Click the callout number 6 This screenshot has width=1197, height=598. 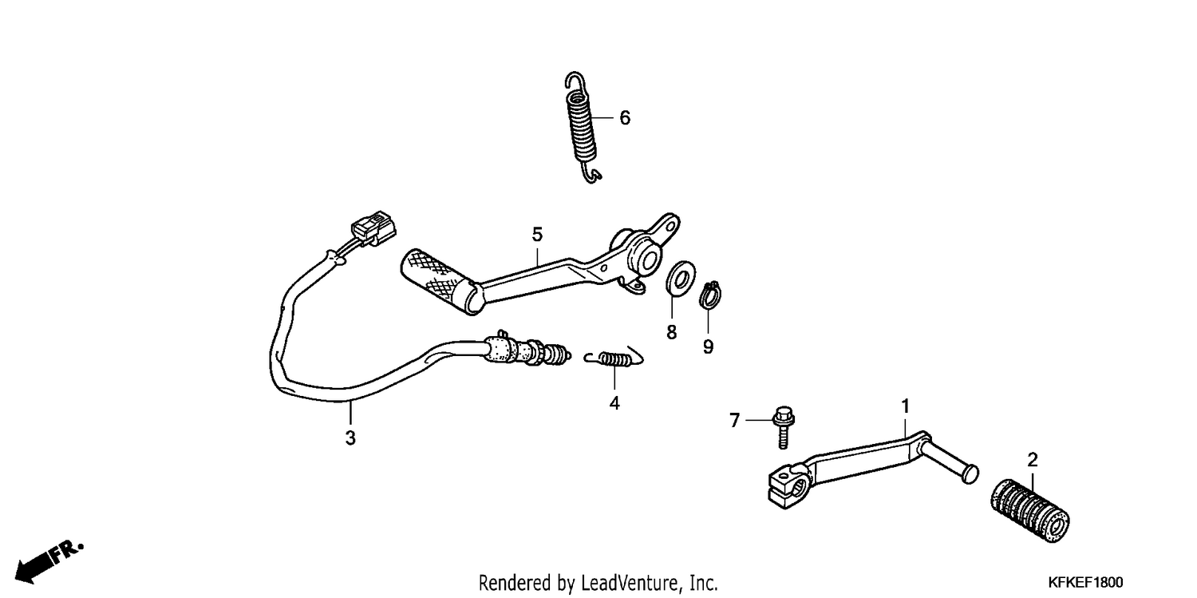(x=625, y=117)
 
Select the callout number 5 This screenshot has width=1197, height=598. (x=537, y=234)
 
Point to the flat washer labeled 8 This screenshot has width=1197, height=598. (x=680, y=278)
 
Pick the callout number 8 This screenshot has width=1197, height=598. (x=671, y=332)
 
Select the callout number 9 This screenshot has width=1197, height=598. (x=708, y=347)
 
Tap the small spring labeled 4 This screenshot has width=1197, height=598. (x=614, y=358)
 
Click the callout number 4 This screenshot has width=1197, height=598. (x=614, y=403)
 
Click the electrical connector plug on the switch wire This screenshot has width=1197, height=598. (x=374, y=228)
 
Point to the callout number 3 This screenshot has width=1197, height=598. (x=350, y=438)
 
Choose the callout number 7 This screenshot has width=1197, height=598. (x=735, y=421)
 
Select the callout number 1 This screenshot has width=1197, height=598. (x=905, y=406)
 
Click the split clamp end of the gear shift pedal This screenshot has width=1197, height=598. (x=788, y=486)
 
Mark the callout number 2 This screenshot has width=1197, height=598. (x=1033, y=460)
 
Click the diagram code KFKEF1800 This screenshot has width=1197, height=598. (x=1085, y=582)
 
